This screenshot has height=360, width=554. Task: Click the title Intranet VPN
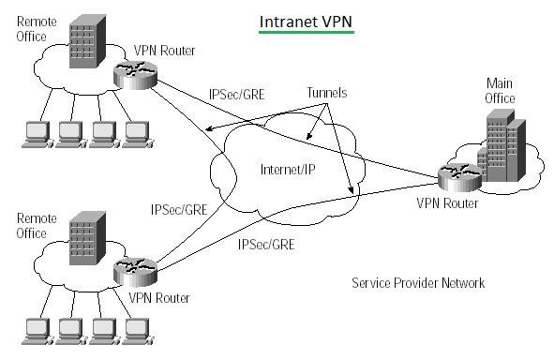(x=306, y=21)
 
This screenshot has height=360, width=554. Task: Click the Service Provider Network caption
(x=418, y=283)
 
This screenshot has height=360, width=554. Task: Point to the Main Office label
(x=500, y=91)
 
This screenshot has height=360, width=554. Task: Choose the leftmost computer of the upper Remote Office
(x=37, y=134)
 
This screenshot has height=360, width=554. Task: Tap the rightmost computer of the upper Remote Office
(x=137, y=134)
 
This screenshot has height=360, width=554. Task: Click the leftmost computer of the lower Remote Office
(x=37, y=327)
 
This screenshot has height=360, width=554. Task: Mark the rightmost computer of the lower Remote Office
(x=137, y=327)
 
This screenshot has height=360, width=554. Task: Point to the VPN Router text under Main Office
(x=449, y=202)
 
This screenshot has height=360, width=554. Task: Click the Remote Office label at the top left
(x=34, y=28)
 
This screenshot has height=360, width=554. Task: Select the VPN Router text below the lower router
(x=159, y=298)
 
